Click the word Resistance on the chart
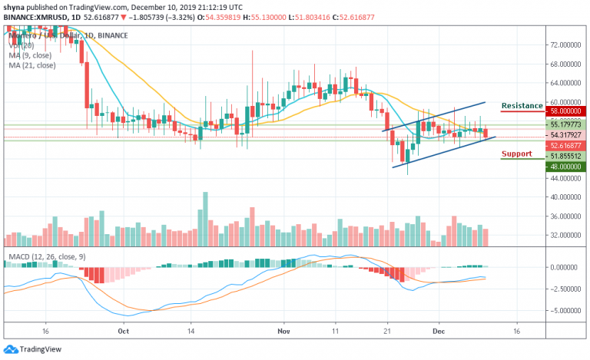[522, 105]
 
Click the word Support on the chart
[516, 154]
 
